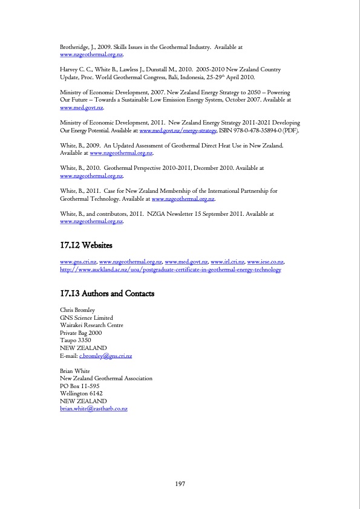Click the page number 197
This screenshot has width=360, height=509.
pyautogui.click(x=180, y=484)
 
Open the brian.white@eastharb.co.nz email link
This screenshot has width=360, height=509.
pyautogui.click(x=94, y=409)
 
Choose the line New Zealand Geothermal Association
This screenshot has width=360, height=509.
pyautogui.click(x=106, y=378)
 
